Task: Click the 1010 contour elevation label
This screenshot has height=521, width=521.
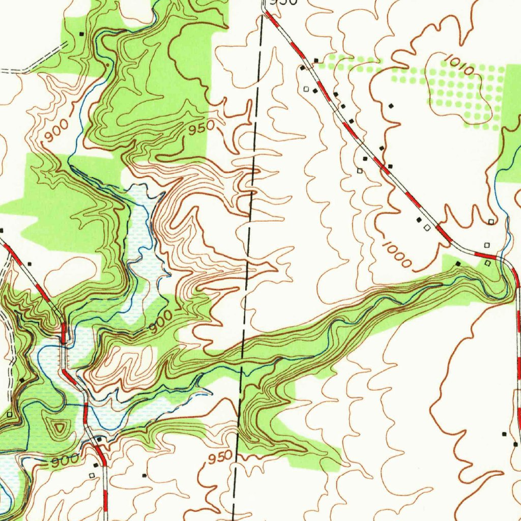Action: tap(458, 65)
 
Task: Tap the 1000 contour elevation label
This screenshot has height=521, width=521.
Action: tap(397, 254)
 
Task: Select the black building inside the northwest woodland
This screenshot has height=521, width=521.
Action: tap(82, 34)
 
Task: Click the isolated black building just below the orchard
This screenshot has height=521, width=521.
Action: tap(391, 105)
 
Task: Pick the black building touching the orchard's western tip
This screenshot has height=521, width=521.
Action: tap(316, 61)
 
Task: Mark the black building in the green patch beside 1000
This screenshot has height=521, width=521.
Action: tap(458, 264)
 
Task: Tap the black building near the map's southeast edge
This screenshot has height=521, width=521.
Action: tap(504, 434)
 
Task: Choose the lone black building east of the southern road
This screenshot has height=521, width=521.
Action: tap(144, 475)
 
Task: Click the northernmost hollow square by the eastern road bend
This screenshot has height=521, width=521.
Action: tap(491, 222)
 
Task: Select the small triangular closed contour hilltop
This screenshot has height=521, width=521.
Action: tap(60, 427)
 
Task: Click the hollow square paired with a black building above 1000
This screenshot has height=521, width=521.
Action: tap(427, 228)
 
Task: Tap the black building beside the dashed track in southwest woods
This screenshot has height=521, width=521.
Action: tap(21, 380)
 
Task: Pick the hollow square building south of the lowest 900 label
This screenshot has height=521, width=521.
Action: tap(92, 475)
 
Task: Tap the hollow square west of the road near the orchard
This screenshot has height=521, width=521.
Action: tap(306, 89)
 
